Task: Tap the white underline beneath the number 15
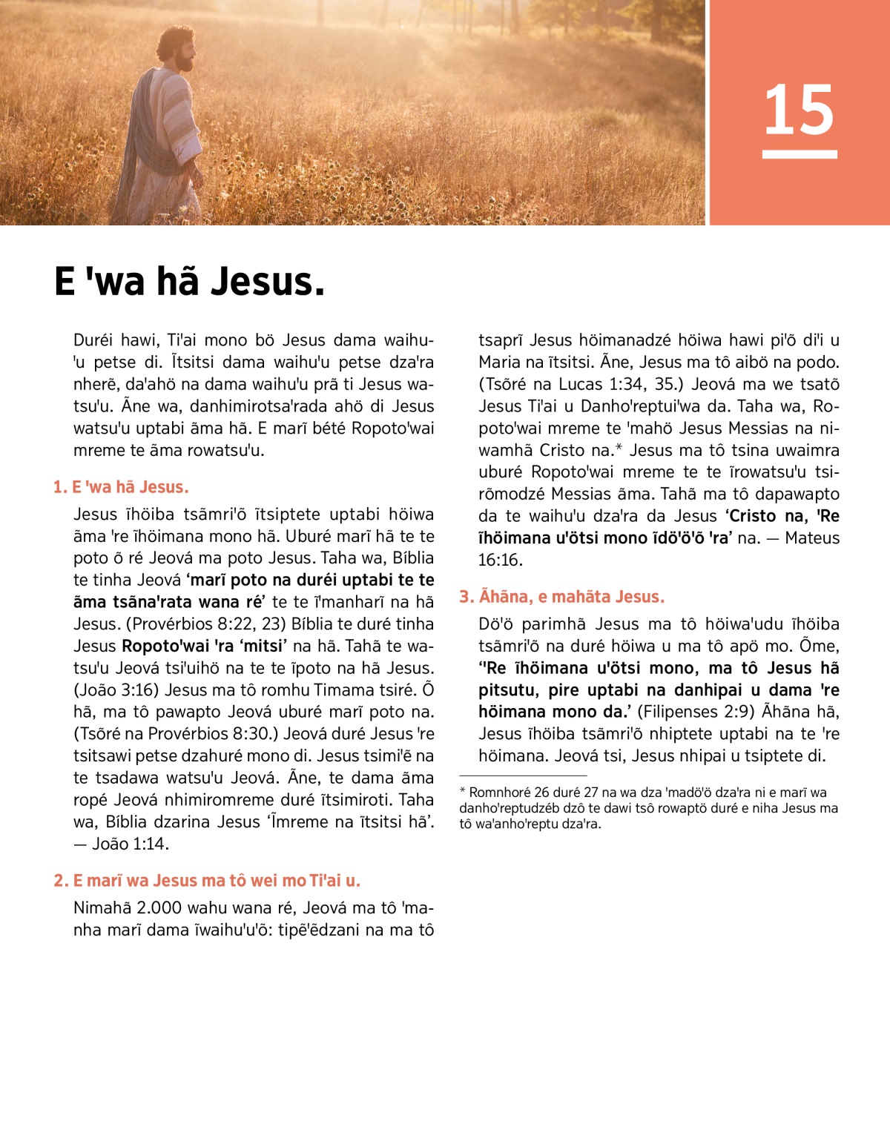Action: coord(800,154)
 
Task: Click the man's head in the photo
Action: coord(178,49)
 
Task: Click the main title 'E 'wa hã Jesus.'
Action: coord(190,282)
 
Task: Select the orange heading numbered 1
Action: coord(121,487)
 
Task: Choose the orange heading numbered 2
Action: coord(207,881)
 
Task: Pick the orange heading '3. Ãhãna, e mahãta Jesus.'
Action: coord(561,597)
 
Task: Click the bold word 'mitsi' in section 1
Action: coord(263,646)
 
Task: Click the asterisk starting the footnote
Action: coord(463,792)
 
